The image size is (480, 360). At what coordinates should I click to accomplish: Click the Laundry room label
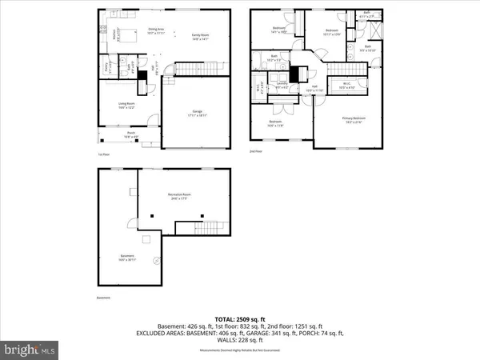(282, 84)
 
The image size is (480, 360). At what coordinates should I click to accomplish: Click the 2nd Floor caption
(256, 151)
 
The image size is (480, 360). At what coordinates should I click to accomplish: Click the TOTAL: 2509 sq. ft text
(240, 318)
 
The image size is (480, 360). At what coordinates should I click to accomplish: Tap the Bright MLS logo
(30, 350)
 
